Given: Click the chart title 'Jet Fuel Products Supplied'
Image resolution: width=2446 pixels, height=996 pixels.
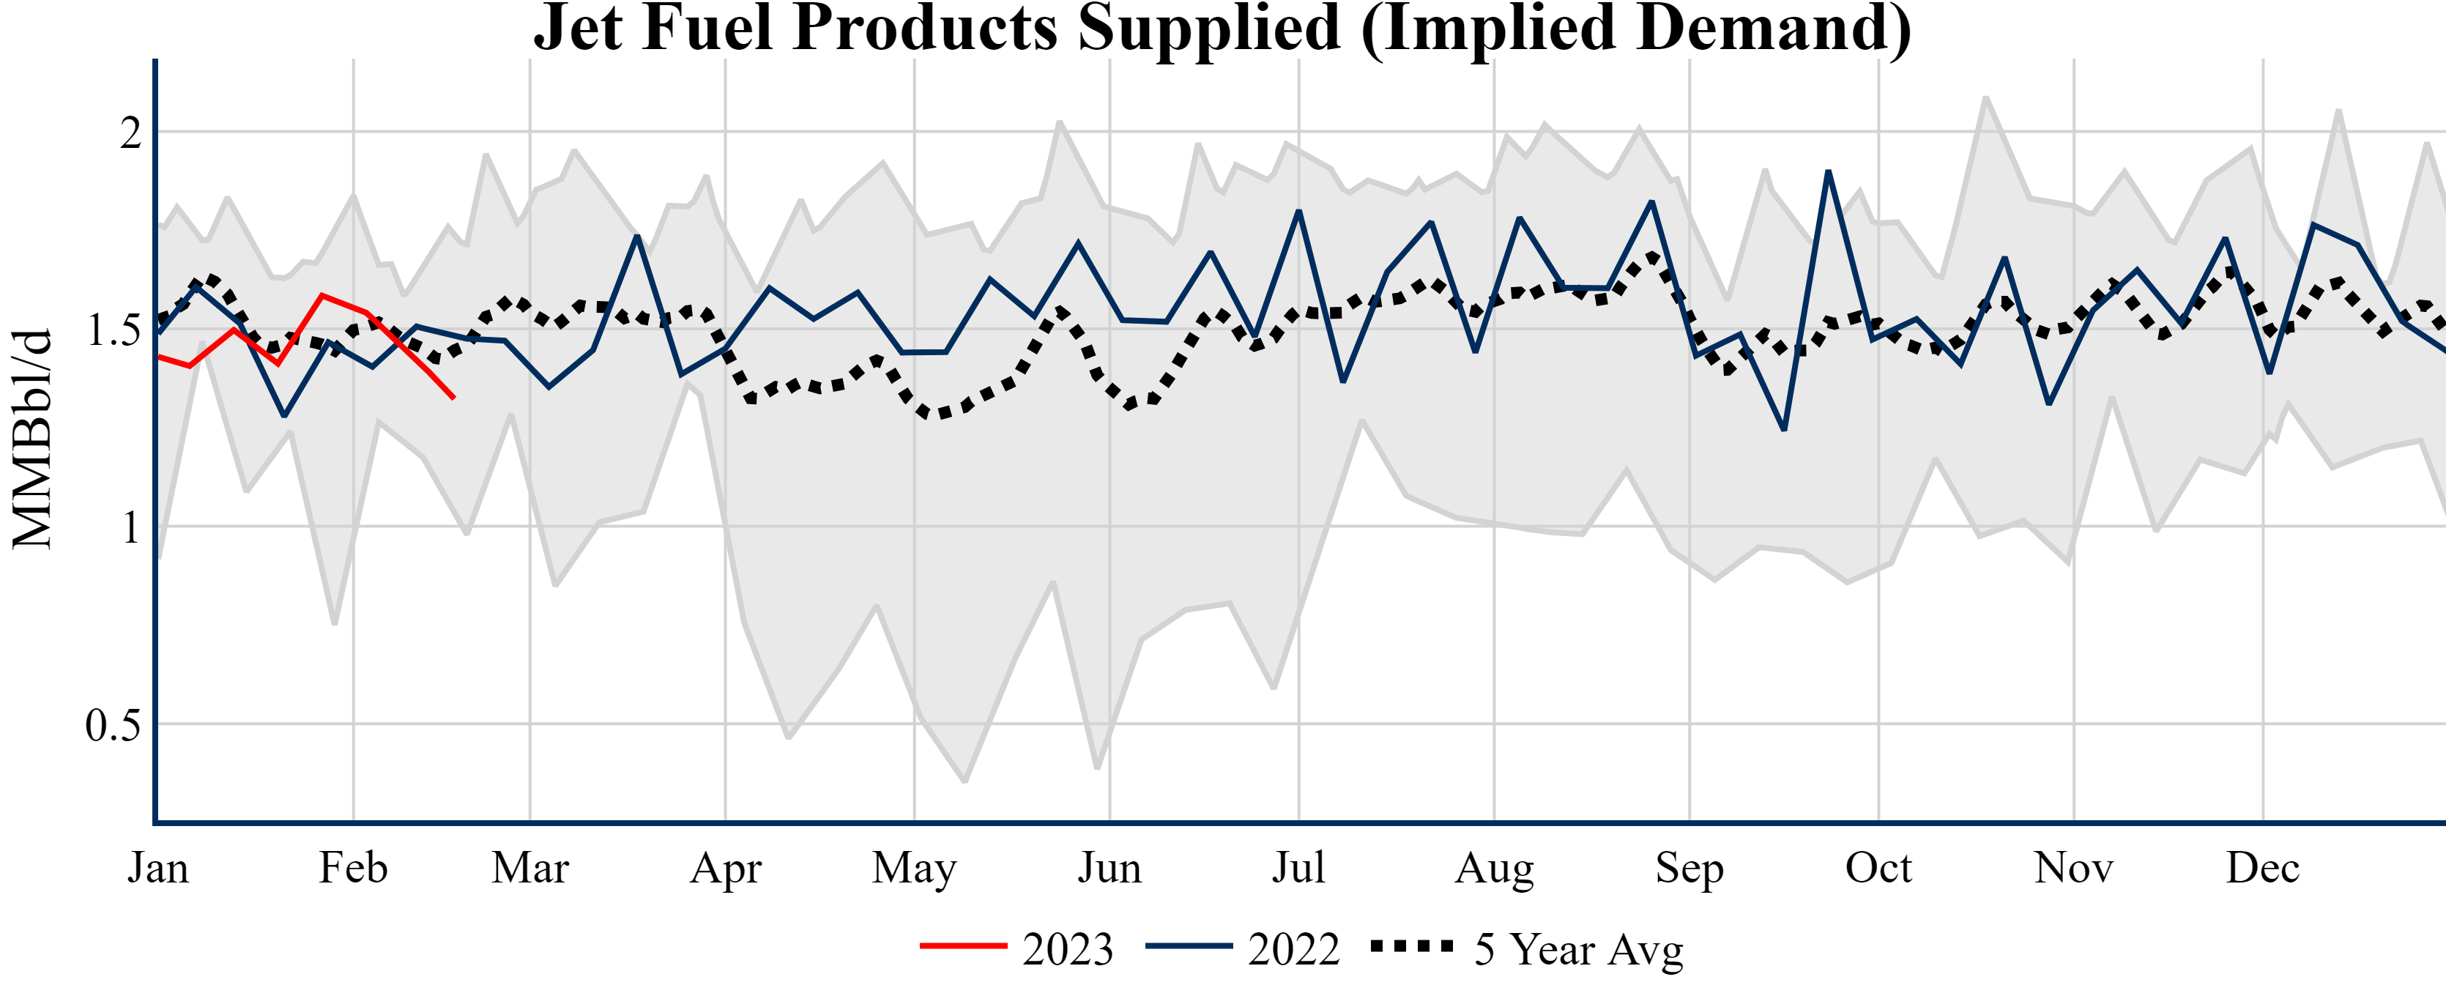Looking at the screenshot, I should [1222, 29].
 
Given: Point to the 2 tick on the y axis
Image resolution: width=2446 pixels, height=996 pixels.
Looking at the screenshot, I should [130, 133].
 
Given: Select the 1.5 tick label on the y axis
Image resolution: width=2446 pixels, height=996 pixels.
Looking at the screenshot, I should [113, 330].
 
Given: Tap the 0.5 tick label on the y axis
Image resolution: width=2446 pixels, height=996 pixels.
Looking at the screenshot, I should [113, 726].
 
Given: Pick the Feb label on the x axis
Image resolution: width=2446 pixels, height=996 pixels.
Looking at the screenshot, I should [353, 868].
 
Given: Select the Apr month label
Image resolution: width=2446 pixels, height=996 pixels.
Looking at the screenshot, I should [726, 868].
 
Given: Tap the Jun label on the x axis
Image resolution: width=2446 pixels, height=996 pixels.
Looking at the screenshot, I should [1109, 868].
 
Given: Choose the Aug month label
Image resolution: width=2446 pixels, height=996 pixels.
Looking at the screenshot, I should [1494, 868].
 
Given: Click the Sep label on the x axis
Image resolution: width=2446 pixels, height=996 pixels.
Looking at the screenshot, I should [1689, 868].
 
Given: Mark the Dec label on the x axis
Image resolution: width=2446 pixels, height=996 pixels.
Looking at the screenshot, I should [2263, 868].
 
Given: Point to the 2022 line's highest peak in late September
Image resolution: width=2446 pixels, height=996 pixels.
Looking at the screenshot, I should [1828, 172].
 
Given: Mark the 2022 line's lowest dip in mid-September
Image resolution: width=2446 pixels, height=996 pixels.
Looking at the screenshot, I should [1784, 429].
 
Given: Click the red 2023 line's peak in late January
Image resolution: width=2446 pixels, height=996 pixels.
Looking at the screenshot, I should [323, 295].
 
